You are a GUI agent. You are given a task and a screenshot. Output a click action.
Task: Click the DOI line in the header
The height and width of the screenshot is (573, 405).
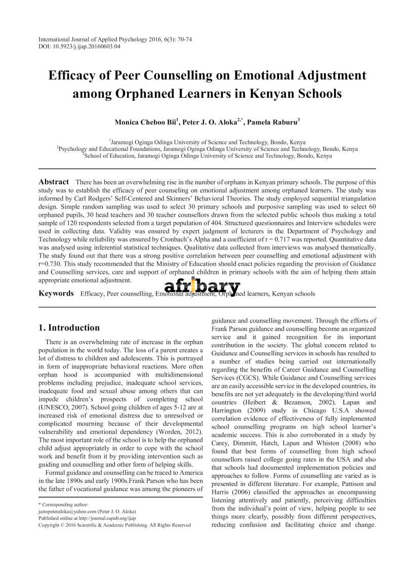tap(79, 47)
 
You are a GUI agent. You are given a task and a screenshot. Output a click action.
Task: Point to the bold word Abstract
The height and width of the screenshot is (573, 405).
tap(54, 182)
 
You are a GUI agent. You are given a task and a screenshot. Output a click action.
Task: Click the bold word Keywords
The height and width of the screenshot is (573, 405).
tap(56, 294)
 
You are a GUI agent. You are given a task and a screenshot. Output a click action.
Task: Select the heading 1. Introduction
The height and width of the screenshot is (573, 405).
tap(69, 328)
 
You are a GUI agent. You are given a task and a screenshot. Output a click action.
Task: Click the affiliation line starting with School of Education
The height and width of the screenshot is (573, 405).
tap(207, 156)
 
